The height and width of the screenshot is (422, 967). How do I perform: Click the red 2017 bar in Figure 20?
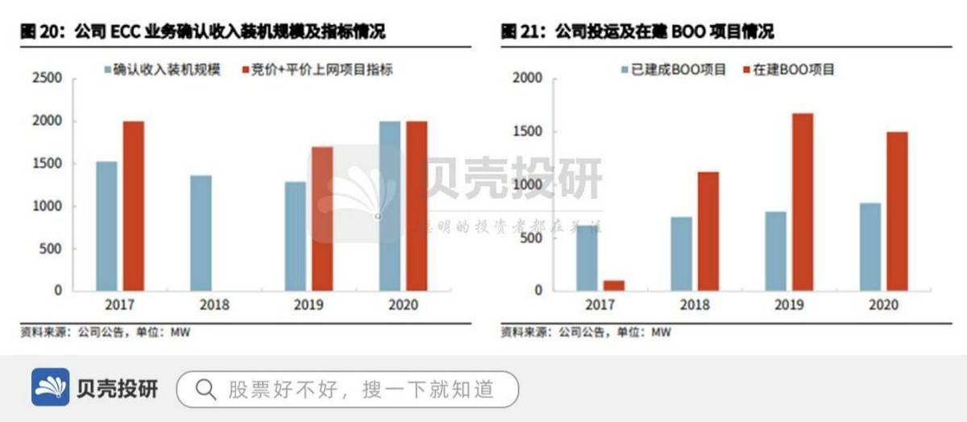pyautogui.click(x=134, y=205)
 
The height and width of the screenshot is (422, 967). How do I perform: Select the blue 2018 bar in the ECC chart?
pyautogui.click(x=201, y=233)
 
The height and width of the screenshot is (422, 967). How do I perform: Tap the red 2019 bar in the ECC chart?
pyautogui.click(x=322, y=218)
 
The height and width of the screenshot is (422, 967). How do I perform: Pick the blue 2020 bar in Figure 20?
pyautogui.click(x=389, y=205)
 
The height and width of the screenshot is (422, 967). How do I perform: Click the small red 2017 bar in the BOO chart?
pyautogui.click(x=614, y=285)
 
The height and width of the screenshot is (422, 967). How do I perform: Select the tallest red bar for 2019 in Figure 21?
pyautogui.click(x=803, y=201)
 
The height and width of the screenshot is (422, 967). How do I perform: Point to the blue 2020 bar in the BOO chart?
pyautogui.click(x=870, y=246)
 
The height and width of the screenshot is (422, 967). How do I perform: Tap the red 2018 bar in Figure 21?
pyautogui.click(x=708, y=231)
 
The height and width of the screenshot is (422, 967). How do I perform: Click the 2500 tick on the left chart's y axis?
pyautogui.click(x=47, y=78)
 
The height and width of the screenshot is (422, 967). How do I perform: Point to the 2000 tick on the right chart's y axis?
pyautogui.click(x=529, y=78)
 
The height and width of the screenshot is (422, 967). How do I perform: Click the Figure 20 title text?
pyautogui.click(x=201, y=32)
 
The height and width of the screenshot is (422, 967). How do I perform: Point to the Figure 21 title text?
pyautogui.click(x=637, y=32)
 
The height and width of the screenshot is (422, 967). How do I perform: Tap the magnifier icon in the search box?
pyautogui.click(x=205, y=390)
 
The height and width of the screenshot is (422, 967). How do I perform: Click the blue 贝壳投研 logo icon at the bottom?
pyautogui.click(x=51, y=388)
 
